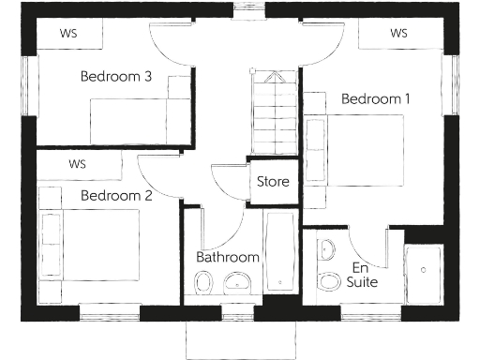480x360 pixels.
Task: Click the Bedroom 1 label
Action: pyautogui.click(x=375, y=98)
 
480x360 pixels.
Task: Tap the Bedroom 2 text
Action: pyautogui.click(x=116, y=196)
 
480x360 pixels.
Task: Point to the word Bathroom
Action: pyautogui.click(x=227, y=257)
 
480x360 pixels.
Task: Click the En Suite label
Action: pyautogui.click(x=361, y=274)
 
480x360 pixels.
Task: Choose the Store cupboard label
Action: pyautogui.click(x=273, y=182)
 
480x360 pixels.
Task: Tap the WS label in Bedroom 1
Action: pyautogui.click(x=398, y=34)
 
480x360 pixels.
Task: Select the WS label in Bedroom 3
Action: pyautogui.click(x=68, y=34)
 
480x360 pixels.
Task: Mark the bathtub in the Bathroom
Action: pyautogui.click(x=279, y=253)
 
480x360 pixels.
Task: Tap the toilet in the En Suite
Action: pyautogui.click(x=329, y=280)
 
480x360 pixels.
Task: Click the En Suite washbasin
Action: pyautogui.click(x=325, y=249)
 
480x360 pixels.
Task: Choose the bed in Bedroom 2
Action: pyautogui.click(x=89, y=240)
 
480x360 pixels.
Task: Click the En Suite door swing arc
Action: pyautogui.click(x=373, y=246)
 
